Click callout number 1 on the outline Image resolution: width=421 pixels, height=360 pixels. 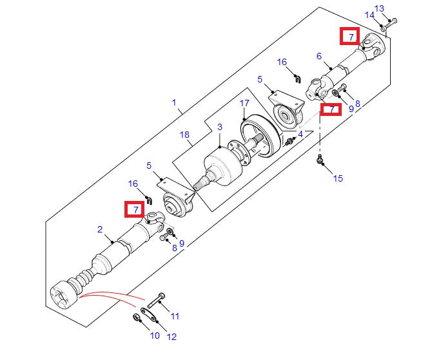click(x=173, y=102)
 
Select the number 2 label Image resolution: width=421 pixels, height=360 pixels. click(x=100, y=229)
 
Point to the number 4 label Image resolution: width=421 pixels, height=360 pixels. click(x=300, y=134)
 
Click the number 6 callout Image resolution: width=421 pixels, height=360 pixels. click(x=318, y=57)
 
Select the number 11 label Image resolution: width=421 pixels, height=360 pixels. click(x=174, y=316)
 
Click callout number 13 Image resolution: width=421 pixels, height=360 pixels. click(x=397, y=8)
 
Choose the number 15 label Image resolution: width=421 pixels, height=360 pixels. click(x=338, y=178)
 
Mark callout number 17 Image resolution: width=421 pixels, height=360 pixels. click(x=244, y=103)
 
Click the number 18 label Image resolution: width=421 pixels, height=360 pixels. click(x=185, y=135)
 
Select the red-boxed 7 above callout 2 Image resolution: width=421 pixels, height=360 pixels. click(x=135, y=209)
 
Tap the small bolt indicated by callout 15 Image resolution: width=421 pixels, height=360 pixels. click(x=320, y=161)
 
